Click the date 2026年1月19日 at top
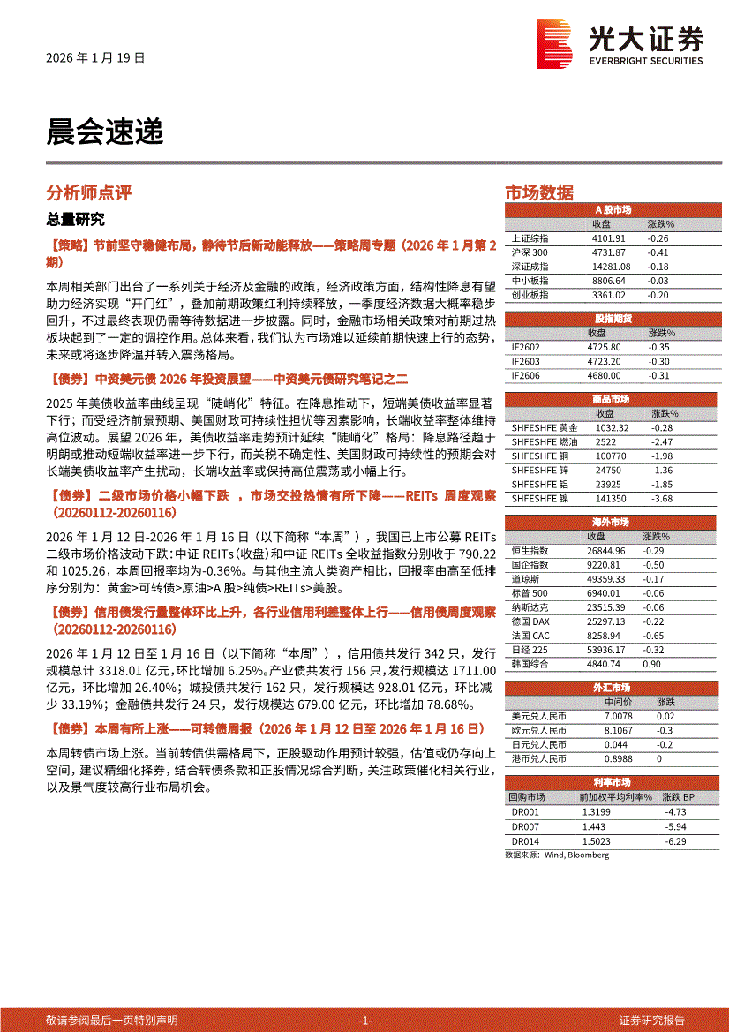(x=95, y=56)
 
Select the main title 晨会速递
(x=104, y=132)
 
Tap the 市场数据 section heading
(x=538, y=192)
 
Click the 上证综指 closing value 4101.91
(x=609, y=238)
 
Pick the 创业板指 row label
(x=530, y=295)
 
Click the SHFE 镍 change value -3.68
(x=661, y=498)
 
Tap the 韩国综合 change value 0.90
(x=652, y=663)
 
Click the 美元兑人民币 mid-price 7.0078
(x=619, y=716)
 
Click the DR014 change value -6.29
(x=676, y=840)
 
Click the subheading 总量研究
(x=75, y=219)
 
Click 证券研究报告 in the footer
(x=652, y=1020)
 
